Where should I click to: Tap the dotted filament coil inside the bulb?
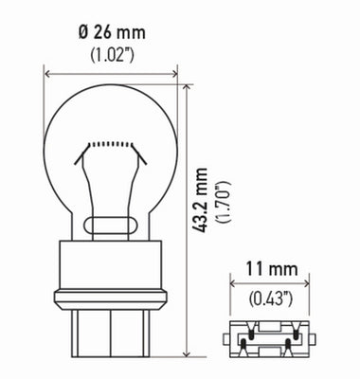(111, 143)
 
